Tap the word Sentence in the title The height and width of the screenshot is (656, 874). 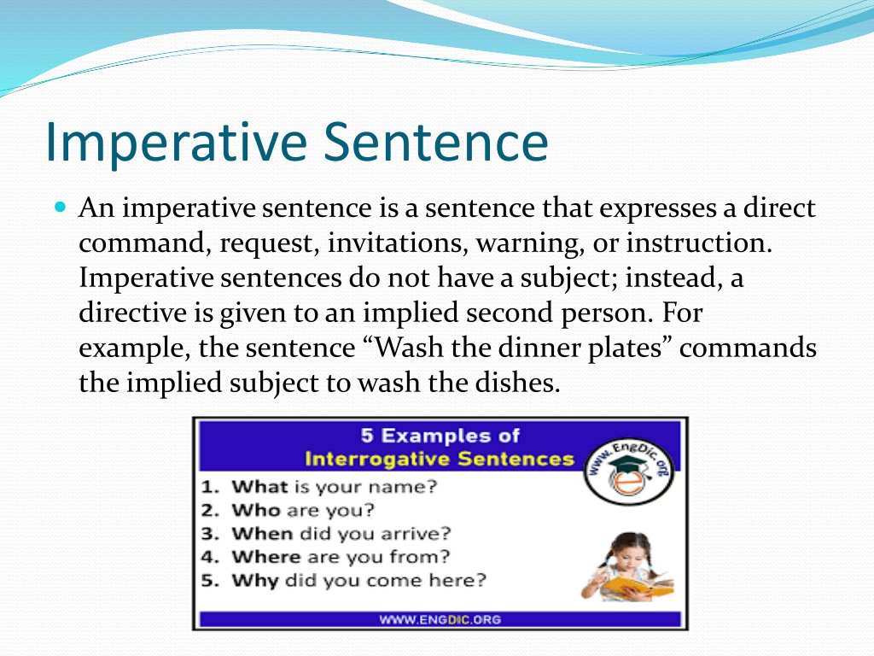point(436,143)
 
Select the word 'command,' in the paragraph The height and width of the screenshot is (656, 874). point(145,243)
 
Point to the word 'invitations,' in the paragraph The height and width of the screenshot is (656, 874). point(398,243)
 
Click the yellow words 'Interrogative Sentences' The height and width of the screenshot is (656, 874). point(440,459)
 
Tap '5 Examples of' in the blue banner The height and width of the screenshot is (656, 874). point(440,435)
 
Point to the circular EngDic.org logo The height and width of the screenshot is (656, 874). point(628,471)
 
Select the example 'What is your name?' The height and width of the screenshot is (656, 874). point(335,487)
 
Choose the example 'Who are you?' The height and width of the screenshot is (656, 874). point(303,511)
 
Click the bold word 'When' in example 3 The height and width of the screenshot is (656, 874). point(262,534)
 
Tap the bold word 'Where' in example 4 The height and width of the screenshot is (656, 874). point(266,557)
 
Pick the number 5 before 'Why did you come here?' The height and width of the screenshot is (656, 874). point(208,581)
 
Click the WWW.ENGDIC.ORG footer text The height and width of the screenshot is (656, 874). point(440,619)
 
